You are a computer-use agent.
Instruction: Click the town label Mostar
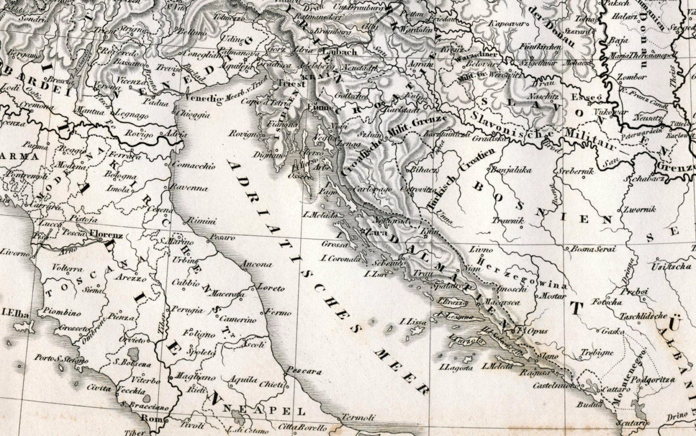551,296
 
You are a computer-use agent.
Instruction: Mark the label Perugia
188,311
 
